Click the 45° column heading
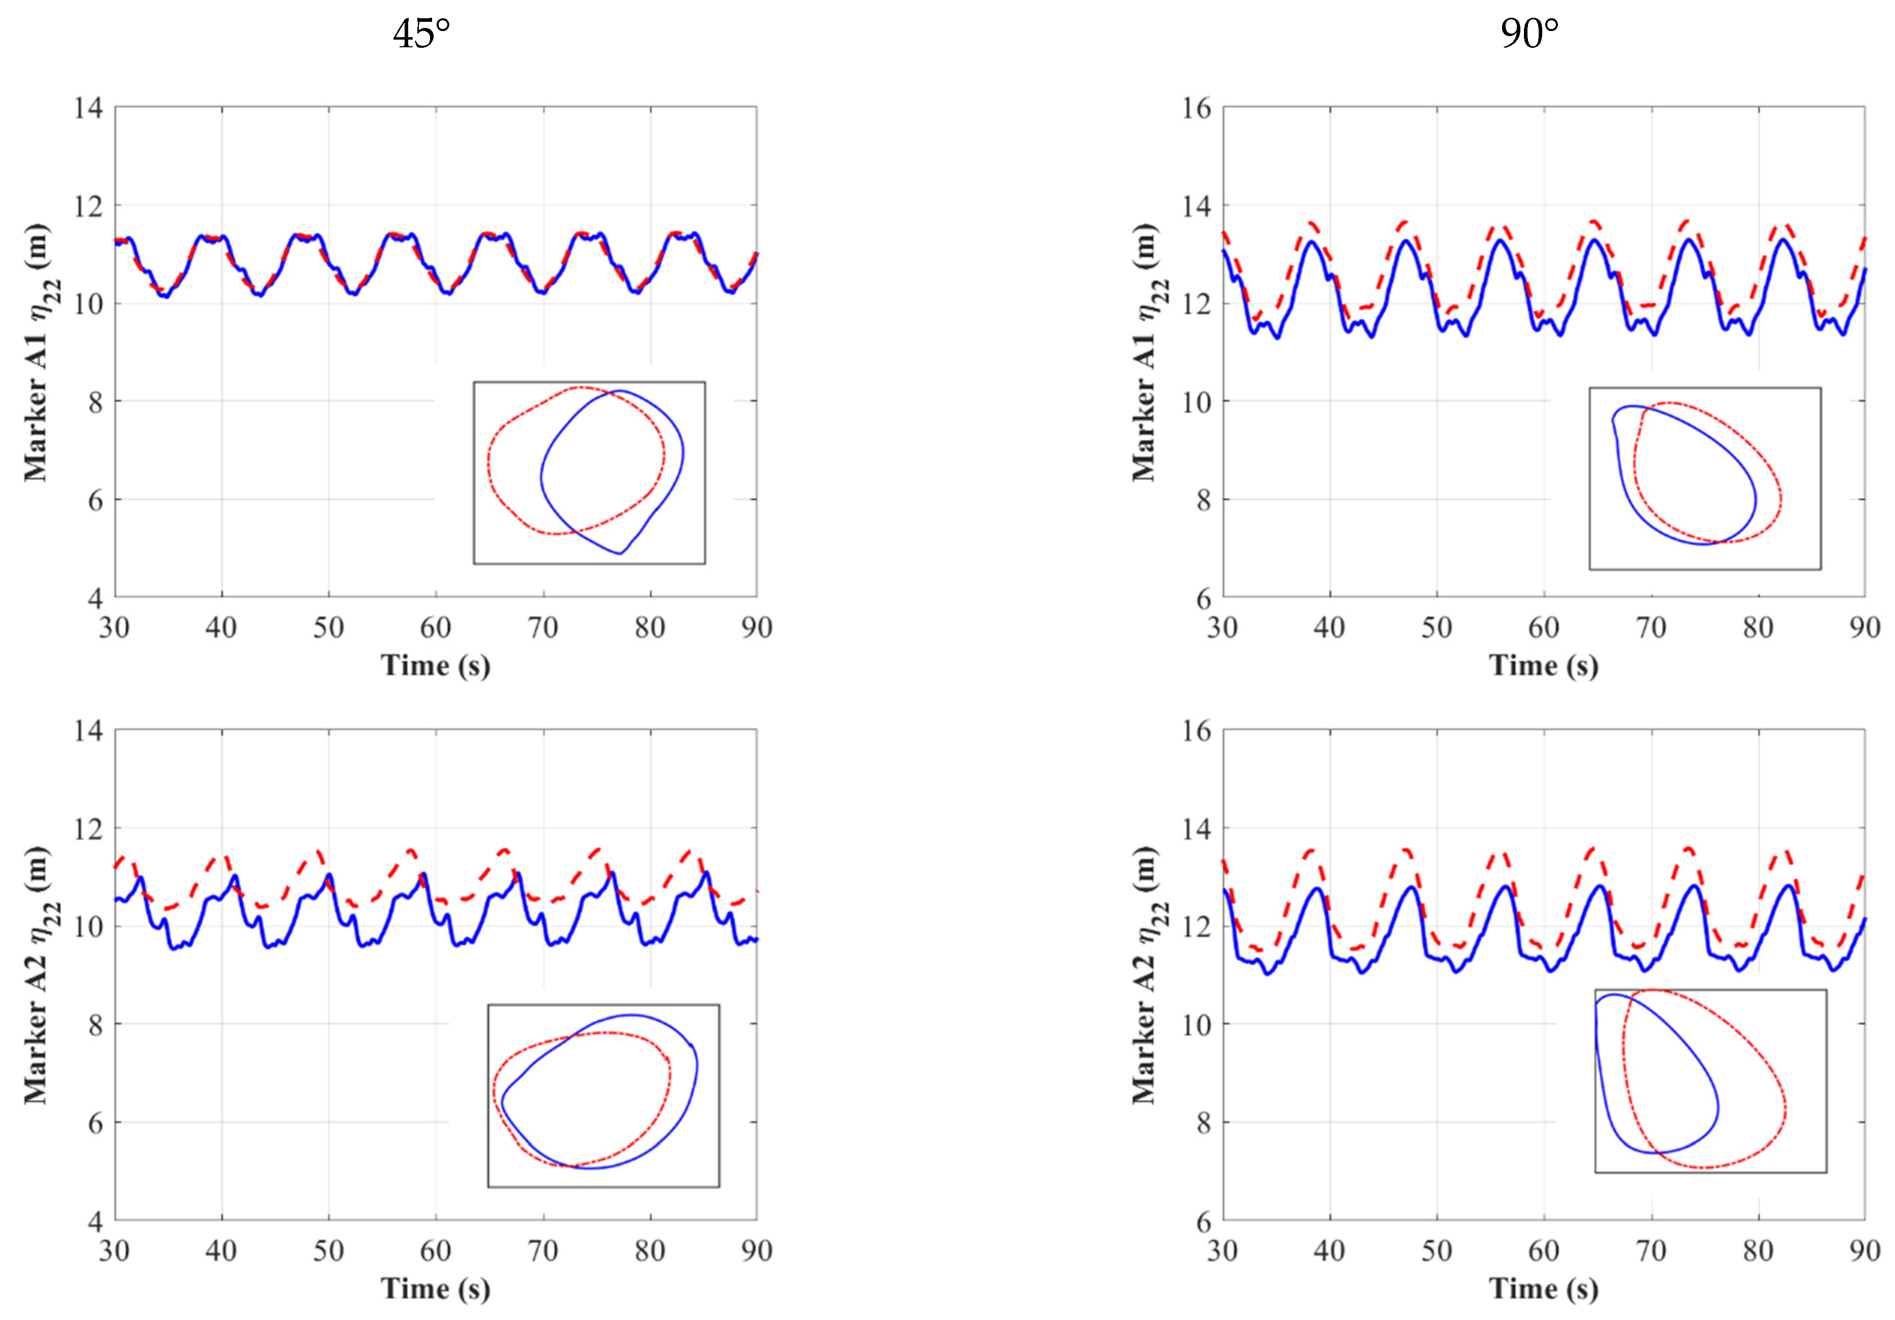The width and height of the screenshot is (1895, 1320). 421,35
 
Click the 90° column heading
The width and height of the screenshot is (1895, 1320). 1530,35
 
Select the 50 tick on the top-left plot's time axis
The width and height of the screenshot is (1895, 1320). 328,628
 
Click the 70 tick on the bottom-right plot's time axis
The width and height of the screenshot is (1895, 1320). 1651,1251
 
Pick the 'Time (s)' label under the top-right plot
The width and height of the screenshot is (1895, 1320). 1543,665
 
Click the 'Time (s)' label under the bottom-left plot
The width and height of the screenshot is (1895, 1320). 435,1288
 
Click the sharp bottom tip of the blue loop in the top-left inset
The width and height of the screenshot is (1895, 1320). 619,553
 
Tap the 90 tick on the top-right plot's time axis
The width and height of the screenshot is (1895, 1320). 1863,628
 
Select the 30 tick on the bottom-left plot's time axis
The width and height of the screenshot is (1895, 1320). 115,1251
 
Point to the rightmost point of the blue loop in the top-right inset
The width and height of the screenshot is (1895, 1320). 1756,500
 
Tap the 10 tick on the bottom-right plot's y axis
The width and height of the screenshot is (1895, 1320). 1196,1025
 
